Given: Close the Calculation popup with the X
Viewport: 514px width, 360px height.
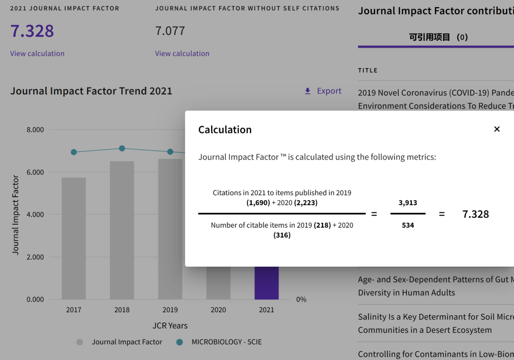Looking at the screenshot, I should (x=497, y=129).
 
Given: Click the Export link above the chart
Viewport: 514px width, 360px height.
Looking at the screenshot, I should (x=324, y=91).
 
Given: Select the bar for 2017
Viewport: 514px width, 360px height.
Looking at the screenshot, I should (x=74, y=238).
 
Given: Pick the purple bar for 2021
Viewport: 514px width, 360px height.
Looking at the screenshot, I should (x=267, y=283).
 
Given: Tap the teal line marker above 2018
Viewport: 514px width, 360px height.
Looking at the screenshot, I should (x=122, y=149).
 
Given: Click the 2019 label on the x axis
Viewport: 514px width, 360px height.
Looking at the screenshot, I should (x=170, y=310).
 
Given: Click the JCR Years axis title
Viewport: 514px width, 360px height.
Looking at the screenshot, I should (x=170, y=326).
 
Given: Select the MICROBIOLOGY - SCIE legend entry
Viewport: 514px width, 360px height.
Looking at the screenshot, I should (x=226, y=342).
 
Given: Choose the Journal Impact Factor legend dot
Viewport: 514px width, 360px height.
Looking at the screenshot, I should (x=80, y=342).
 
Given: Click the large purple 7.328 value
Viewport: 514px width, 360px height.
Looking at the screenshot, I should (x=32, y=31).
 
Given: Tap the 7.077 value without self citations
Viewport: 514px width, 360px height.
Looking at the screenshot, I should (x=170, y=31).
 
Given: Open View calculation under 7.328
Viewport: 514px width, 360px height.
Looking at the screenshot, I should (x=37, y=53).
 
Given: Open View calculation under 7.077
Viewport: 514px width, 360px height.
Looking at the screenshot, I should (x=182, y=53).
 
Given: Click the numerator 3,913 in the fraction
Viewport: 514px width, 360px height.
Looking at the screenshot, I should (x=408, y=203).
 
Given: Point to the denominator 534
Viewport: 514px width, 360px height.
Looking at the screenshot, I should (x=408, y=225).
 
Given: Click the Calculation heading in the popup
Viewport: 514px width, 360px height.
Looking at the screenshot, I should (x=225, y=130).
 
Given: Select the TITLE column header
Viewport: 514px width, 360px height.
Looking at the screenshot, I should (x=368, y=70).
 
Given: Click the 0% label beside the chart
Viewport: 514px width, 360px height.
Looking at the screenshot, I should (x=301, y=300).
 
